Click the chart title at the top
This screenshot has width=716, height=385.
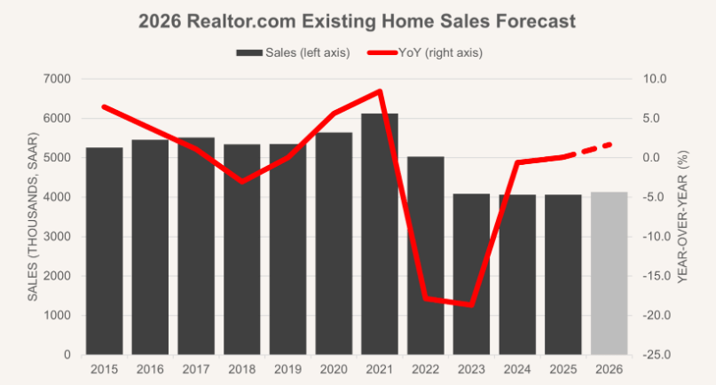[x=358, y=20]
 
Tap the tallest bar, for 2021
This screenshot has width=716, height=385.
[x=380, y=234]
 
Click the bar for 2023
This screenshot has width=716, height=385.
[x=471, y=274]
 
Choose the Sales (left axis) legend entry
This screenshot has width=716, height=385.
[x=293, y=52]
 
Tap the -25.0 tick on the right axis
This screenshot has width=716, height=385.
[x=657, y=355]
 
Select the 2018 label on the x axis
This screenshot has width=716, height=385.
[x=241, y=368]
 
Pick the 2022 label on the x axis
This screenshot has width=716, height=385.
[x=425, y=368]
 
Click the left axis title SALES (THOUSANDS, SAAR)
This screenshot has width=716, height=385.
[x=33, y=217]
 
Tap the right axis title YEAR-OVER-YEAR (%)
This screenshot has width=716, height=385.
[x=682, y=217]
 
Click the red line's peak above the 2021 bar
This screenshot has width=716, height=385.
[x=380, y=91]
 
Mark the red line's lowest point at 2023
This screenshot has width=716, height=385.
[x=471, y=304]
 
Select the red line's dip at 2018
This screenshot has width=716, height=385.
[x=242, y=181]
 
